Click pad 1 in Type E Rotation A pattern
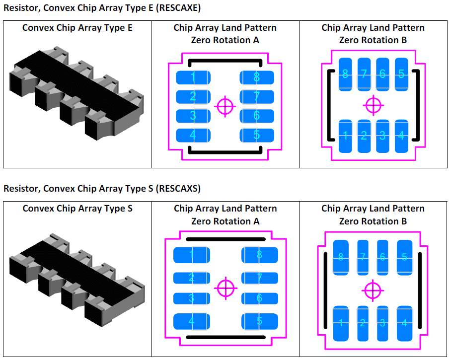(193, 77)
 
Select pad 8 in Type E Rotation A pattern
(257, 77)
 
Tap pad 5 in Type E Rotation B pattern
(401, 74)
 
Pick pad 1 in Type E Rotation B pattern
(345, 136)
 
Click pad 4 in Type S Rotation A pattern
(192, 321)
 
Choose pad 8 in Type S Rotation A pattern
(259, 255)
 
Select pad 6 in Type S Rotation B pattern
(382, 257)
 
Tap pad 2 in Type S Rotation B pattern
(363, 323)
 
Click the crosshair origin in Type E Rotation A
(225, 106)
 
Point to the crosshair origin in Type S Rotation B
(373, 290)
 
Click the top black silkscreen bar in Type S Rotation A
(225, 239)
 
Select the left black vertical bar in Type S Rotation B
(325, 290)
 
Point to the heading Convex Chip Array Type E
(77, 28)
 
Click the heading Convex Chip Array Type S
(77, 209)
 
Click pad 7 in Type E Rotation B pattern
(364, 74)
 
